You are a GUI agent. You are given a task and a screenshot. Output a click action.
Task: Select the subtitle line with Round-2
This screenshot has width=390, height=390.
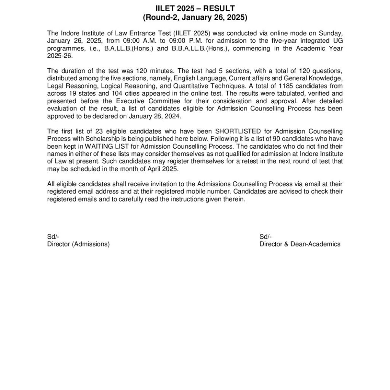tap(195, 17)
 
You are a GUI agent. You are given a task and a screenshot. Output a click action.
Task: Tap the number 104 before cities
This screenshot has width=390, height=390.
tap(119, 93)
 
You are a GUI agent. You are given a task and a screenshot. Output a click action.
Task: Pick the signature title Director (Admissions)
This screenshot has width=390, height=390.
tap(78, 244)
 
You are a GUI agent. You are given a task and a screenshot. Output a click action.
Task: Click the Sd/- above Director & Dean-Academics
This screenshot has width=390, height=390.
tap(265, 237)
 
